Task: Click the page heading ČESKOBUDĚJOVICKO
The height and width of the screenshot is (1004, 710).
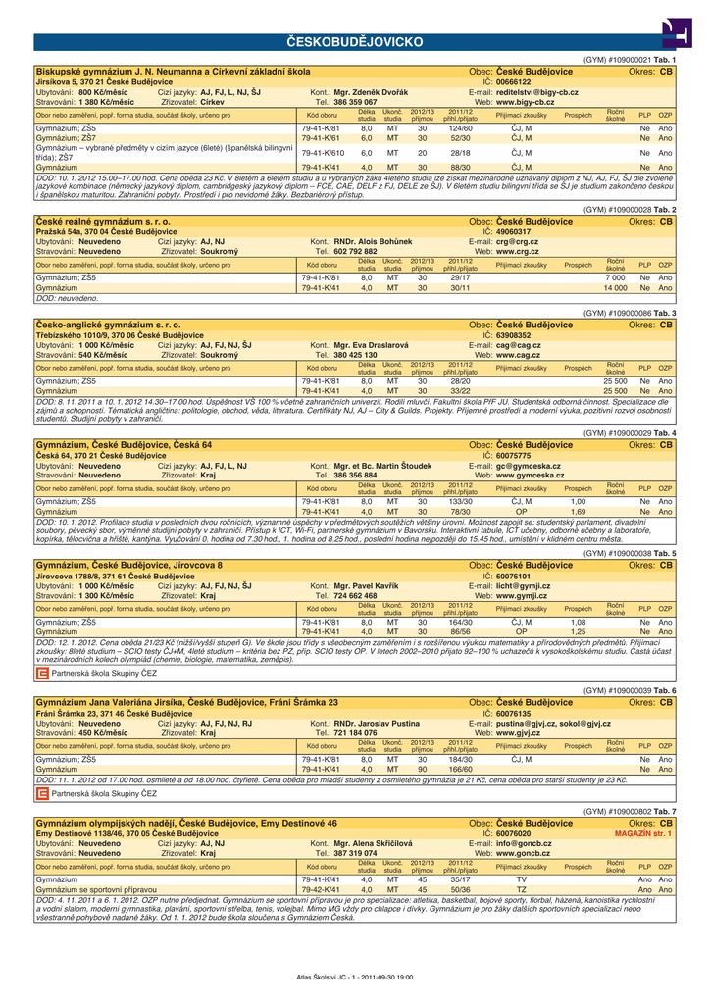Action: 355,42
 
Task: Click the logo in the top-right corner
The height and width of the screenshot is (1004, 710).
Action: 675,33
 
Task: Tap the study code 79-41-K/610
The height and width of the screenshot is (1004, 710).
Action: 323,153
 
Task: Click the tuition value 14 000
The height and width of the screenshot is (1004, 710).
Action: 615,288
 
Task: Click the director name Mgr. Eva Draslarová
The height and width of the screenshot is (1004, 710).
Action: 372,345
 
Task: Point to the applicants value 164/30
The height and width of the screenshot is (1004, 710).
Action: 460,622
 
